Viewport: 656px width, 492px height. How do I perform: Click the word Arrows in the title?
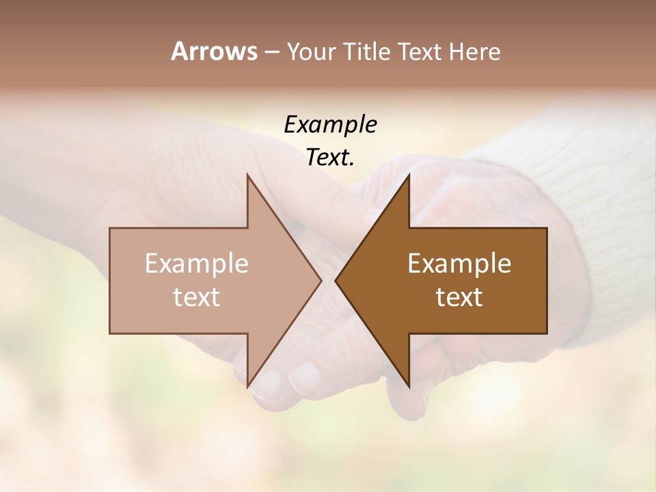[x=213, y=51]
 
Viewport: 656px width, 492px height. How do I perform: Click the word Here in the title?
[x=474, y=52]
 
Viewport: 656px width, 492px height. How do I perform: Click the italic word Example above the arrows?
[x=331, y=124]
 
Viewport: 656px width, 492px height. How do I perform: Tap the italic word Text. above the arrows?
[x=331, y=158]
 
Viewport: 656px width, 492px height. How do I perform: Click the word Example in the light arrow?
[x=197, y=263]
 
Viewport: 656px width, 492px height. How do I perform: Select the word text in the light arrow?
[x=197, y=297]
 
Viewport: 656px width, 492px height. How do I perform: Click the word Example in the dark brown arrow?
[x=459, y=263]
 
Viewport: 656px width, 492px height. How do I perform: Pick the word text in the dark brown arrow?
[x=459, y=297]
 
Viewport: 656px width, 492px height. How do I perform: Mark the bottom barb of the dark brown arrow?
[x=408, y=383]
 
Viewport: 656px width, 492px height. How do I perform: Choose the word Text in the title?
[x=421, y=52]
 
